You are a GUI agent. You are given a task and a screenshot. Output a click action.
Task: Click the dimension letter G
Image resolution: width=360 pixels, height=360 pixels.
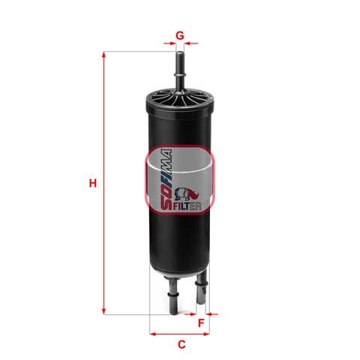[180, 35]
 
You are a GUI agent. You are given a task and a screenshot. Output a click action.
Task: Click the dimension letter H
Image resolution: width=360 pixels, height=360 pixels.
[93, 183]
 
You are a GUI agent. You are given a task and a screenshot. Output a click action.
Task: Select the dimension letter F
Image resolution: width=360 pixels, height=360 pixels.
[201, 322]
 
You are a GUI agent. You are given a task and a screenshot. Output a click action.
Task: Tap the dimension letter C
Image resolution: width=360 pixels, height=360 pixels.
[181, 344]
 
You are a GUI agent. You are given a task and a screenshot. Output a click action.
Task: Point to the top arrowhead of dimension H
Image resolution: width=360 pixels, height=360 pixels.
[103, 54]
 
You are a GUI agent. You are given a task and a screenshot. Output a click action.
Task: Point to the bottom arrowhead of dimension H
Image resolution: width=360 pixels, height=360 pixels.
[103, 311]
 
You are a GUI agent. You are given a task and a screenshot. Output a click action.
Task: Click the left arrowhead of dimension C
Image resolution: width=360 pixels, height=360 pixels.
[153, 334]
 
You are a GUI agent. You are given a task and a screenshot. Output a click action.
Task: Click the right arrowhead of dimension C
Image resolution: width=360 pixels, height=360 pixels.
[206, 334]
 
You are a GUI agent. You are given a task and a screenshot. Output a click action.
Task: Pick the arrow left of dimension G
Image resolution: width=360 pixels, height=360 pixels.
[170, 43]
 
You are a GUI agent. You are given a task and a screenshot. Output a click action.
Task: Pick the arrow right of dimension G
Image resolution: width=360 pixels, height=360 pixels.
[191, 43]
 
